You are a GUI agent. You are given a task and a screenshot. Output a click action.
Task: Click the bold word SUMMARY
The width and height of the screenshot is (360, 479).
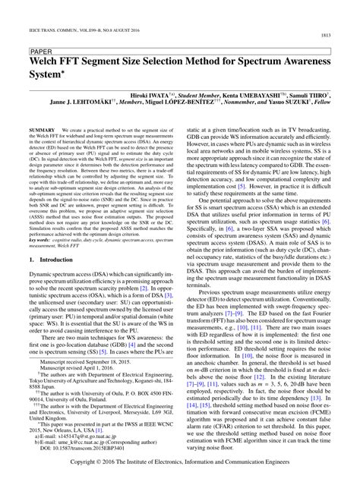coord(38,131)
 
